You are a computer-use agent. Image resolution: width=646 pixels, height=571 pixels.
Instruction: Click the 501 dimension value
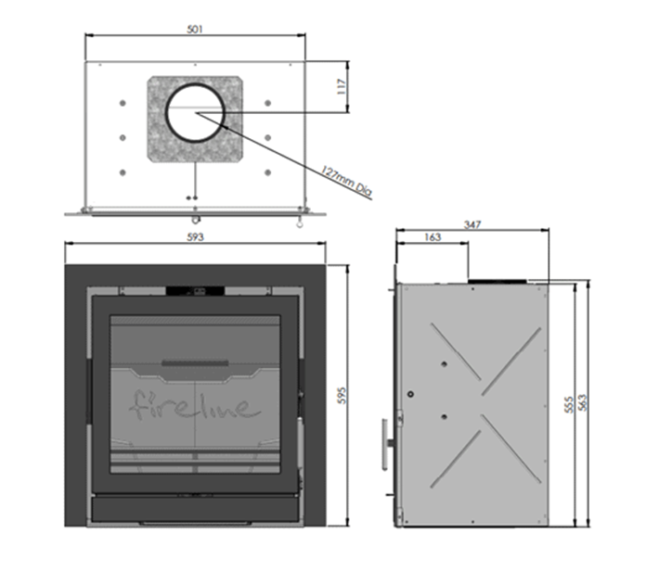195,29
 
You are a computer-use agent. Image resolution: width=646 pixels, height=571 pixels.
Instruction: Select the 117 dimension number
341,87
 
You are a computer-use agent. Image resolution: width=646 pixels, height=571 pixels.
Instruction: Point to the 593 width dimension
195,237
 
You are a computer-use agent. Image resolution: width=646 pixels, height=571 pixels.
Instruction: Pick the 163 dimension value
432,238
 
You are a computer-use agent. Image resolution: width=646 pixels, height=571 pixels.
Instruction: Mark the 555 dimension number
568,404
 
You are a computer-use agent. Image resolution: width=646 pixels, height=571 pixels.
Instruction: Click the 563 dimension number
582,404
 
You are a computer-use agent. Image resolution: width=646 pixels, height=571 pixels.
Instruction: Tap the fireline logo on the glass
196,405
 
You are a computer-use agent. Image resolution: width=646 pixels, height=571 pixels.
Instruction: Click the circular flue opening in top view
195,114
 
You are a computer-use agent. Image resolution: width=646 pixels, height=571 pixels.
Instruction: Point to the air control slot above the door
195,292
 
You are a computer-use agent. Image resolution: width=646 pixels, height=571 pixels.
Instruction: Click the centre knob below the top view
195,220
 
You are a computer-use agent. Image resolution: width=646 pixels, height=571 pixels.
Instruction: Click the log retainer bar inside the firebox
195,362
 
